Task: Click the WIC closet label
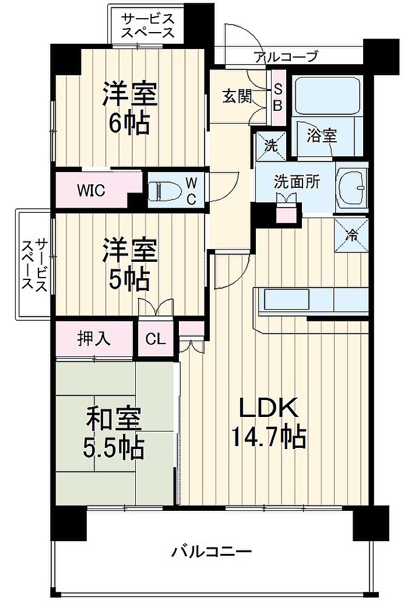[x=91, y=191]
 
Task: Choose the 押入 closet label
[x=94, y=338]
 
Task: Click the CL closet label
[x=155, y=339]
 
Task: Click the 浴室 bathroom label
[x=322, y=136]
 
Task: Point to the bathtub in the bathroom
[x=326, y=95]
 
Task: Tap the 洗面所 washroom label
[x=297, y=182]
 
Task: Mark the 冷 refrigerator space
[x=351, y=235]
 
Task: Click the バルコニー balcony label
[x=212, y=551]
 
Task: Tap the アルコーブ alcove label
[x=286, y=56]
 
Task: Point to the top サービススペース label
[x=148, y=25]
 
